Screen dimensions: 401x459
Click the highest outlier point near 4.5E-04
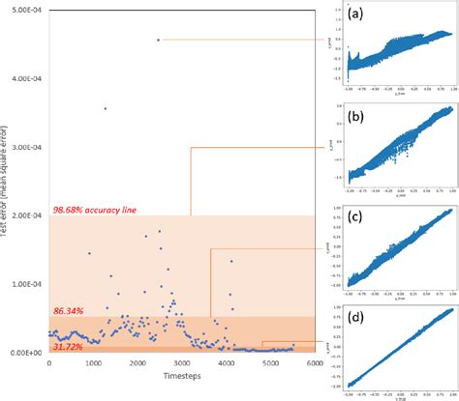[158, 40]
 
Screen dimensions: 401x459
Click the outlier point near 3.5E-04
[105, 108]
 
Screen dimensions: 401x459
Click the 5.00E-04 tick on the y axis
[24, 10]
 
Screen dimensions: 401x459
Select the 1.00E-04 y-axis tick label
[24, 284]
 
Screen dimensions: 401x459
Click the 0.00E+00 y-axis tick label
[24, 353]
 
